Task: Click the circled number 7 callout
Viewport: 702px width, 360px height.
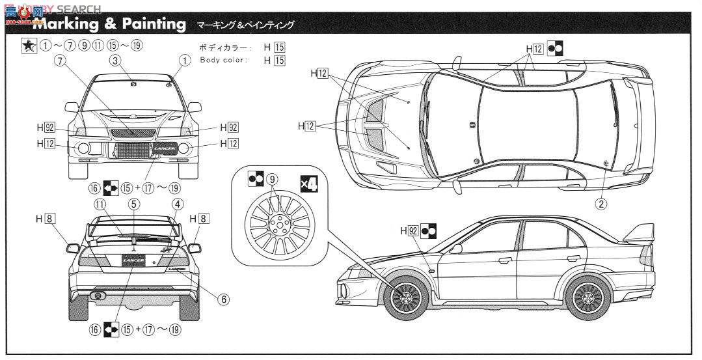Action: pos(61,61)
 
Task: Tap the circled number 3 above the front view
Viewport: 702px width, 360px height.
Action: pos(115,61)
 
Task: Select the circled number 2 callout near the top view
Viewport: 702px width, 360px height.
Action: pos(602,204)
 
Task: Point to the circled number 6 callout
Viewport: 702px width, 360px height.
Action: pos(223,300)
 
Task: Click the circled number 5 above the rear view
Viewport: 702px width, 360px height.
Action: pos(133,204)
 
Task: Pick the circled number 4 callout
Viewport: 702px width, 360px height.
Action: pos(176,204)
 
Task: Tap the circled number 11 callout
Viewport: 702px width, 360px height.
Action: pos(100,204)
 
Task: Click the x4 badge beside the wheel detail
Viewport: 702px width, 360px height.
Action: pos(309,184)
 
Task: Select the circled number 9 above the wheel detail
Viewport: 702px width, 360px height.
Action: pos(272,179)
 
